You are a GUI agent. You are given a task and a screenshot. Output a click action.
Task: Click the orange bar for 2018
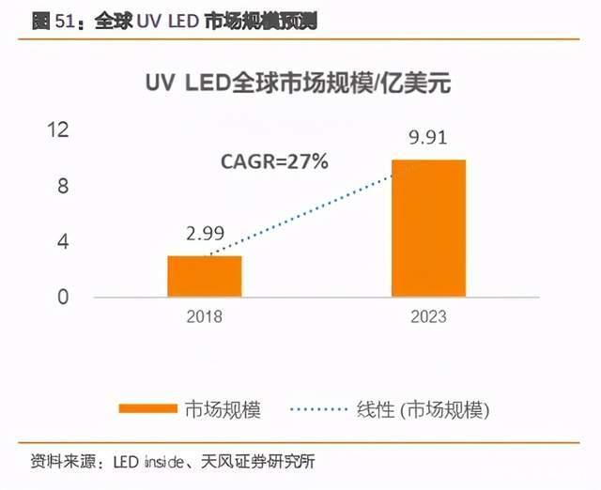point(205,276)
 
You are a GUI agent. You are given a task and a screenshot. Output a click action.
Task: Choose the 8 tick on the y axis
point(63,186)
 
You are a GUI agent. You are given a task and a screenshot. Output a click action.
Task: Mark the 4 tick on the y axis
point(63,241)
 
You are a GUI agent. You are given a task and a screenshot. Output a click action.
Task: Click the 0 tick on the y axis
point(63,297)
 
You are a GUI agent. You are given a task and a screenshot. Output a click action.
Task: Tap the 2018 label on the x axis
point(205,317)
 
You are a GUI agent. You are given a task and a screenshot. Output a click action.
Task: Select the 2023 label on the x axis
point(428,317)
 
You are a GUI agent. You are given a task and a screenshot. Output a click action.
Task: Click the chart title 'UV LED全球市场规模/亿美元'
point(299,84)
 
